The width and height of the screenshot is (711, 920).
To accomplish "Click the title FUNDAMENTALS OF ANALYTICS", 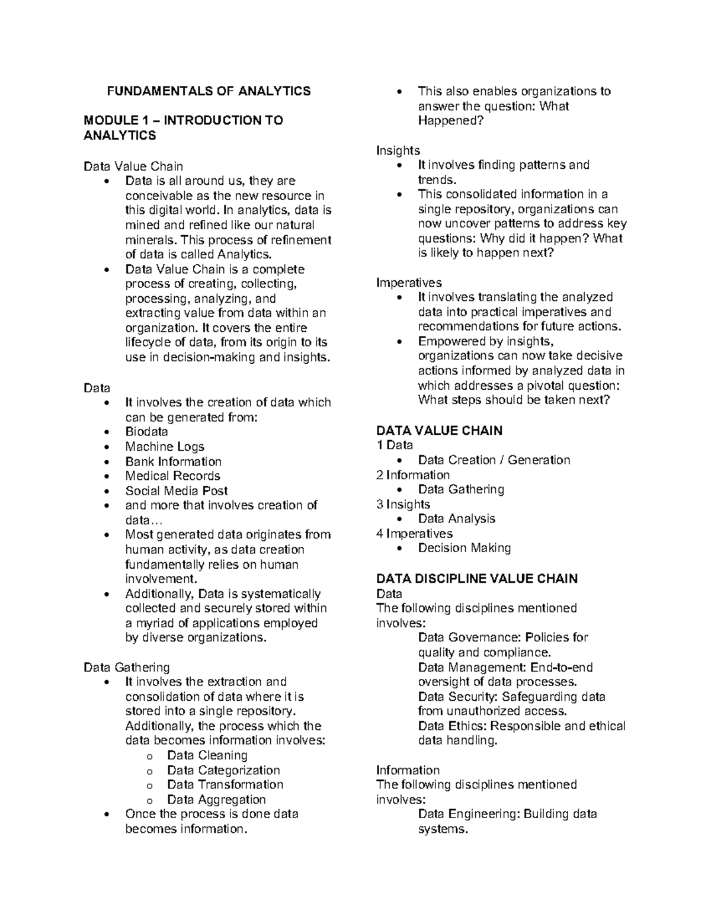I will pos(208,91).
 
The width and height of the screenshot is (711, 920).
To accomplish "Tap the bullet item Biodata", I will pos(146,432).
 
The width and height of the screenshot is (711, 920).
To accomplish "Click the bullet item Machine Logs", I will pos(164,447).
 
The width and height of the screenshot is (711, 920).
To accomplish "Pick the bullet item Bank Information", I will pos(173,461).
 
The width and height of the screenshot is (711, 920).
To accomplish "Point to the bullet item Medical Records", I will pos(172,476).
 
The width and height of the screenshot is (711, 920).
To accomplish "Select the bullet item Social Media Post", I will pos(176,491).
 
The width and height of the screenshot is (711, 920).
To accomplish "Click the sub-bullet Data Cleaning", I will pos(207,755).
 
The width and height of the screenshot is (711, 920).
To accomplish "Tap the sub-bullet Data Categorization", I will pos(223,770).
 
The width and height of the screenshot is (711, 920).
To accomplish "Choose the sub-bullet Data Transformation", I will pos(225,784).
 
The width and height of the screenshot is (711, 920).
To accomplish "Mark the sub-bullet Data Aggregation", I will pos(216,799).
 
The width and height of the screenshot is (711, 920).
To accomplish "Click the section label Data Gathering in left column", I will pos(127,668).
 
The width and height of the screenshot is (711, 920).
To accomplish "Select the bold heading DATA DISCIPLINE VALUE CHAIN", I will pos(477,579).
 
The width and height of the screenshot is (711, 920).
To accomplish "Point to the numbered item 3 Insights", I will pos(403,504).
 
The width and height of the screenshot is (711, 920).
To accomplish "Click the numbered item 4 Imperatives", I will pos(414,534).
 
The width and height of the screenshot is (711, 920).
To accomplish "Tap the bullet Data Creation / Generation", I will pos(494,460).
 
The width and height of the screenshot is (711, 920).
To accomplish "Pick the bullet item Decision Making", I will pos(464,548).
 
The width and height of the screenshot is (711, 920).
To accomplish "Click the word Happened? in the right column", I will pos(450,121).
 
